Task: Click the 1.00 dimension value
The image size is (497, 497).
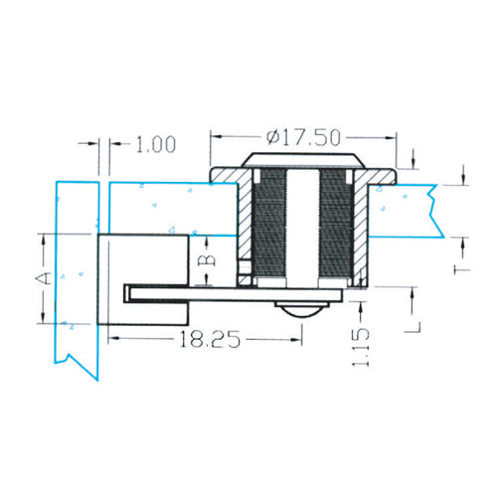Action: point(155,145)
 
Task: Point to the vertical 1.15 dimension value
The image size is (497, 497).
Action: point(363,348)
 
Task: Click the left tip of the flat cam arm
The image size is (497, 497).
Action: point(128,292)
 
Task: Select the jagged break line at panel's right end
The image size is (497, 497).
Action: point(433,211)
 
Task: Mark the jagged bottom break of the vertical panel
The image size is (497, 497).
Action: point(80,368)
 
